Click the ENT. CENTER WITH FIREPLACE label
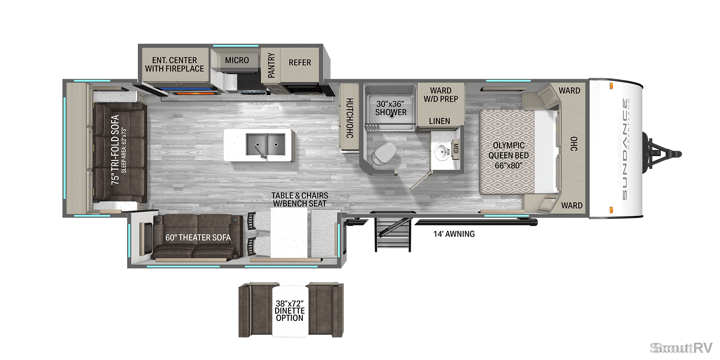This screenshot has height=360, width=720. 174,64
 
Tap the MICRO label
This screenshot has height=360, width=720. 237,60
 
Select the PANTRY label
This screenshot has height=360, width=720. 271,65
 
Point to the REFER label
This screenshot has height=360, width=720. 300,62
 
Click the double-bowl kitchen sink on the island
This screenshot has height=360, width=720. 265,145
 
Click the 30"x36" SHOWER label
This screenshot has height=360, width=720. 391,108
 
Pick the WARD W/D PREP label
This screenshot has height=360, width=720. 441,95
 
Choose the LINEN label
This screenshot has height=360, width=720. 440,121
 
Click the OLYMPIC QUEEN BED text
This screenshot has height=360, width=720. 508,150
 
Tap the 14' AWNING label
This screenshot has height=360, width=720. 454,234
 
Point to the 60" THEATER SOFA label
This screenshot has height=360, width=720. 198,238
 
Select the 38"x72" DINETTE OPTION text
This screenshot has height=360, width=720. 290,311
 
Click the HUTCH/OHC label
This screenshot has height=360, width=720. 349,118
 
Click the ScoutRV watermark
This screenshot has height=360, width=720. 681,348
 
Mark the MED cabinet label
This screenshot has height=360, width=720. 455,149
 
